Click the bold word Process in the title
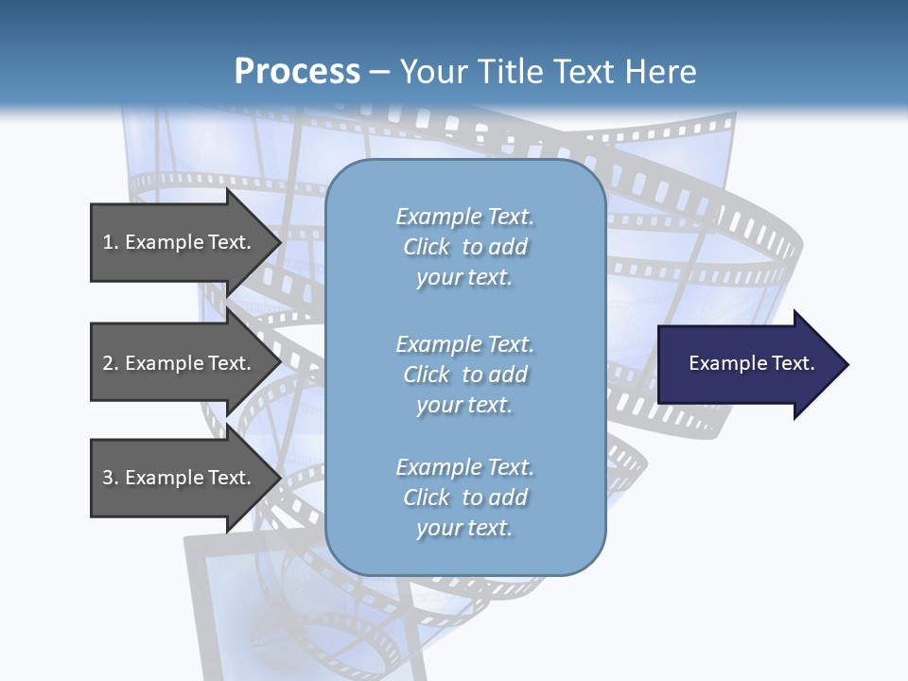coord(297,72)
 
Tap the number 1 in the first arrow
coord(108,242)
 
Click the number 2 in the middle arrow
coord(108,363)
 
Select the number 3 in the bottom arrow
coord(108,478)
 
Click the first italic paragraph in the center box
coord(464,247)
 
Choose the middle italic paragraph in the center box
coord(464,375)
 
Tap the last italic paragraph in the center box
coord(464,498)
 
